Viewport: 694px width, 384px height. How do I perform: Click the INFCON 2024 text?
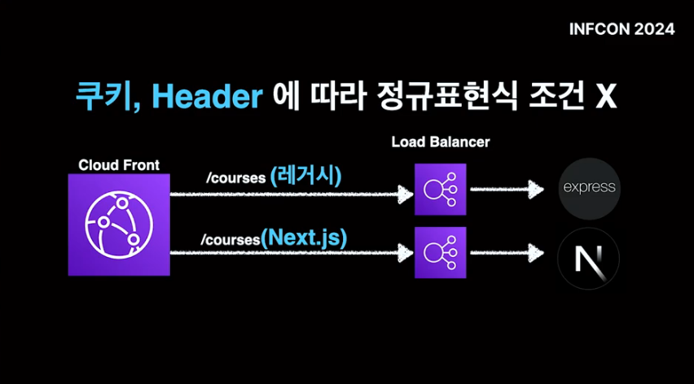coord(622,29)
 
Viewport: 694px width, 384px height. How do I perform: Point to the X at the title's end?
coord(604,98)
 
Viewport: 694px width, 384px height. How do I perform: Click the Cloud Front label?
coord(119,165)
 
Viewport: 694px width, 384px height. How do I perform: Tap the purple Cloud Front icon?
coord(119,225)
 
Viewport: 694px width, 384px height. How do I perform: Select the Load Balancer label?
coord(441,142)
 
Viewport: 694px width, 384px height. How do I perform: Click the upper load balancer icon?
coord(440,190)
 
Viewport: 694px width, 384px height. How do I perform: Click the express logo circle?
coord(590,189)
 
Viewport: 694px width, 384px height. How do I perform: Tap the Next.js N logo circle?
coord(588,258)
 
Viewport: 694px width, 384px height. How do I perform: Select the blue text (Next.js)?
coord(305,238)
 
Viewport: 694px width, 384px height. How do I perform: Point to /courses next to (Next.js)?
coord(231,241)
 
